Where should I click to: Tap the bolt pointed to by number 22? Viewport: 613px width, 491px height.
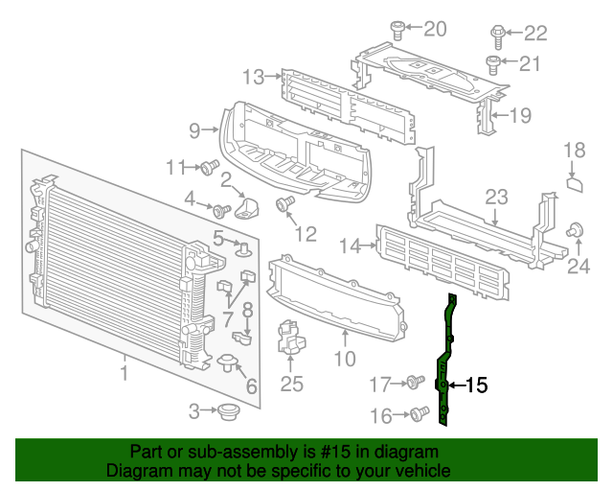coord(498,35)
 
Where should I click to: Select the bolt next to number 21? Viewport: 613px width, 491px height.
coord(493,64)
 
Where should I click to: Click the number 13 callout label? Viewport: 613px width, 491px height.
coord(253,77)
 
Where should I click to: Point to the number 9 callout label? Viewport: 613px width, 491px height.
coord(194,129)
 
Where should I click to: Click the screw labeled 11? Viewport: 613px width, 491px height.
coord(207,168)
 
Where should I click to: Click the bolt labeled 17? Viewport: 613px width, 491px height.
coord(415,384)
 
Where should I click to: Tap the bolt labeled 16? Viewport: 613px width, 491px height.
coord(418,414)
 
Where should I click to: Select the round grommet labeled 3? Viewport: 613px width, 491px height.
coord(228,412)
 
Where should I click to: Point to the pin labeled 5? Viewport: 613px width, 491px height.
coord(242,251)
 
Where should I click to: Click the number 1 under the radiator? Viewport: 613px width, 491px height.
coord(123,368)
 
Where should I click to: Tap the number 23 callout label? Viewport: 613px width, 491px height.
coord(495,198)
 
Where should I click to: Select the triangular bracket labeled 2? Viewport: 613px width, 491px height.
coord(250,208)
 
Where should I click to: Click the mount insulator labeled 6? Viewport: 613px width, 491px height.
coord(229,362)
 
